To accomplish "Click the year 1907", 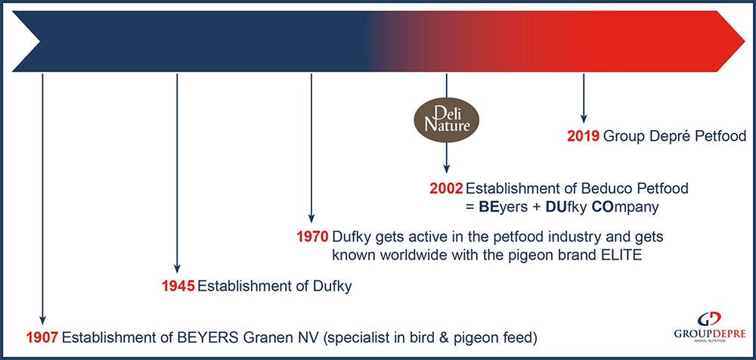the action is click(x=42, y=337).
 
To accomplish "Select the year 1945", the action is click(x=178, y=286).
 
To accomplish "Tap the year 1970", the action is click(x=313, y=237).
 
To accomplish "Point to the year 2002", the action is click(x=447, y=188).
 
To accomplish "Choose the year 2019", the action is click(x=584, y=136).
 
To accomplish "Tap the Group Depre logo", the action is click(x=710, y=327).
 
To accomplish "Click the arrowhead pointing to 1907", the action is click(x=42, y=321).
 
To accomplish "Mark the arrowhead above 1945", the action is click(x=177, y=269).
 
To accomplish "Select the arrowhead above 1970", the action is click(x=311, y=219).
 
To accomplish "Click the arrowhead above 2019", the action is click(x=584, y=119).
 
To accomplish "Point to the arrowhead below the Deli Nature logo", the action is click(x=447, y=169).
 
